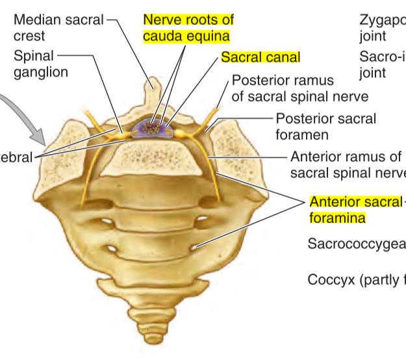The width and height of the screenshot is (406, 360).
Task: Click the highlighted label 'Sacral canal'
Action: [260, 57]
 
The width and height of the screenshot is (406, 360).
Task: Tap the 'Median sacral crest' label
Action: [58, 27]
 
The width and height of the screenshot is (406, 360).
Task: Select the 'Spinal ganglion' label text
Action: [40, 64]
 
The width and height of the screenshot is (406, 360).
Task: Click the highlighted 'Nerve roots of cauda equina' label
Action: [188, 27]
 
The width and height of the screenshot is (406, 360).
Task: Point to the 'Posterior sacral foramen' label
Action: [325, 127]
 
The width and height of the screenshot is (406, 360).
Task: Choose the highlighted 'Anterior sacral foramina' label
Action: [355, 209]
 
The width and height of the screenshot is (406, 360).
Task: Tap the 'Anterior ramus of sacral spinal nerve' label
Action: [346, 164]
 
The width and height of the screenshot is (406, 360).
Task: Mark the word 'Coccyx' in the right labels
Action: [330, 280]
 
